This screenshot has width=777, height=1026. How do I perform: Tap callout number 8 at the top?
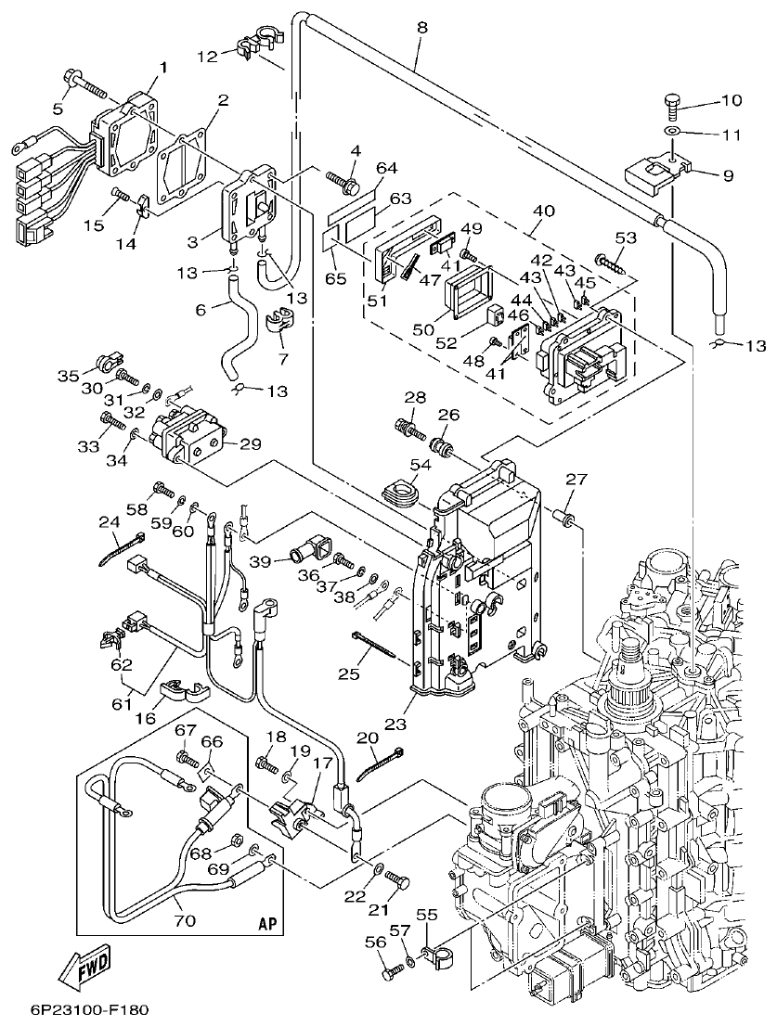(421, 28)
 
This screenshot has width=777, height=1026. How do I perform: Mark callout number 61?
(122, 705)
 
